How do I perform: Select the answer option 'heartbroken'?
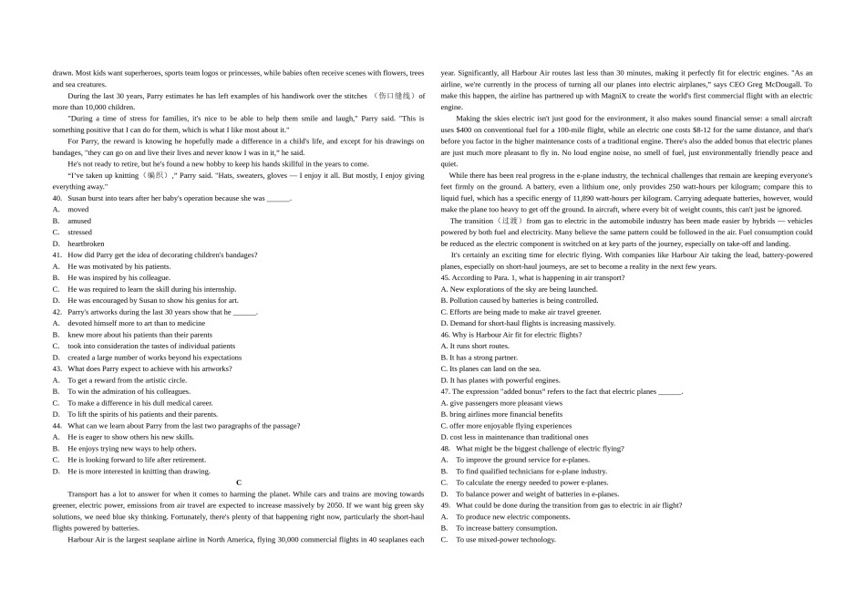86,244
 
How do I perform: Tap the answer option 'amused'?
79,221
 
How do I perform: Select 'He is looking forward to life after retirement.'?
137,460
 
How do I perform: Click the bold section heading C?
239,482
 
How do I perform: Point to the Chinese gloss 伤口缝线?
394,96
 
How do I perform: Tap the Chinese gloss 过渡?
506,221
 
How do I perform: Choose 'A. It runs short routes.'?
475,346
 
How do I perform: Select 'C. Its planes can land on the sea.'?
490,368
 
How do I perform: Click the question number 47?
445,391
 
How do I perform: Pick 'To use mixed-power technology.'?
506,539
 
